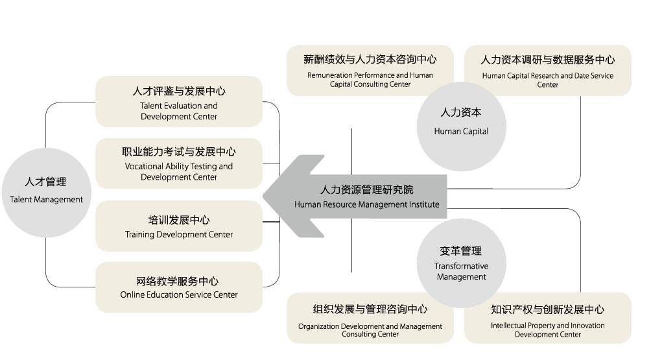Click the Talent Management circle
pos(46,191)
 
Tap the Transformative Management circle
pos(461,263)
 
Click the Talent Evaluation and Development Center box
pos(179,101)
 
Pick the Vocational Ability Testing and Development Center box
pos(179,163)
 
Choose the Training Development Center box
pos(179,226)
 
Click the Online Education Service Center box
pos(179,287)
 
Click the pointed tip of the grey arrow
pos(265,196)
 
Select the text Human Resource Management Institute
pos(366,204)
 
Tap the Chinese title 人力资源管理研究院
pos(366,190)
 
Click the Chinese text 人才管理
pos(46,182)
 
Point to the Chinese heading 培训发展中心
pos(179,220)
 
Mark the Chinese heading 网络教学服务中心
pos(179,281)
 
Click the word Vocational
pos(146,166)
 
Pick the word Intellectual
pos(512,326)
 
